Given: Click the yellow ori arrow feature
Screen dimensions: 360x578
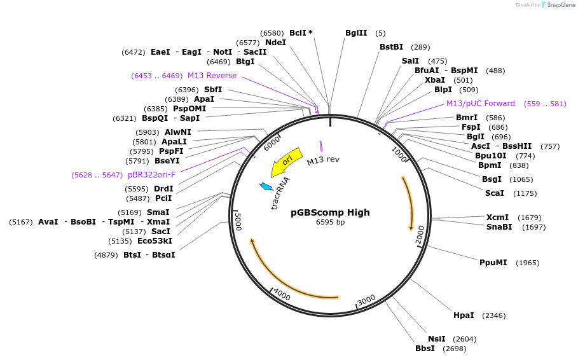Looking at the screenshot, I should pos(286,163).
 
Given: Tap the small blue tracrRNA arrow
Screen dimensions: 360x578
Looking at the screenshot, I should pos(266,186).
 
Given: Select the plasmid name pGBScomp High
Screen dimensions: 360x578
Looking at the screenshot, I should pos(330,212).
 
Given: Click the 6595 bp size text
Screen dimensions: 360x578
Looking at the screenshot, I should pos(330,222).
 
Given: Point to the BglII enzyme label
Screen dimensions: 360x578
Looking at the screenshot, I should pos(355,33).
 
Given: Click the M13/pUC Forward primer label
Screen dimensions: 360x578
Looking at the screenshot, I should pos(480,104).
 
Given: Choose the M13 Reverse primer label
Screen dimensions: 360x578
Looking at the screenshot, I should pos(212,76).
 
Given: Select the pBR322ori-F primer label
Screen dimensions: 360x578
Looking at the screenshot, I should pos(151,174).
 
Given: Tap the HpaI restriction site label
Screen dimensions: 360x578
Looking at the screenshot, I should pos(464,315).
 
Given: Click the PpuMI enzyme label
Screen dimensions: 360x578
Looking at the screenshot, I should pos(493,262).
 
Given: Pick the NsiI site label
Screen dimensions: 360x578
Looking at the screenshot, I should pos(436,338).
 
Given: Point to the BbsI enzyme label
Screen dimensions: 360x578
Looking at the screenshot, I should pos(425,348).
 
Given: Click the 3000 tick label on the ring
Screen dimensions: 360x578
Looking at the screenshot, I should pos(366,300).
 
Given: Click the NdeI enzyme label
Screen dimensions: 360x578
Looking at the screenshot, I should pos(275,43).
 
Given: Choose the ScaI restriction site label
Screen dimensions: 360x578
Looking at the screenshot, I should pos(494,193).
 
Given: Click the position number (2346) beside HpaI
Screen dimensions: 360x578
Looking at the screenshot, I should pos(494,315).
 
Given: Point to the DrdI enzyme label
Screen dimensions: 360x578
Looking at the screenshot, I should pos(163,189).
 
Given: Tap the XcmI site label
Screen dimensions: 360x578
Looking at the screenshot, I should pos(497,218).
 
